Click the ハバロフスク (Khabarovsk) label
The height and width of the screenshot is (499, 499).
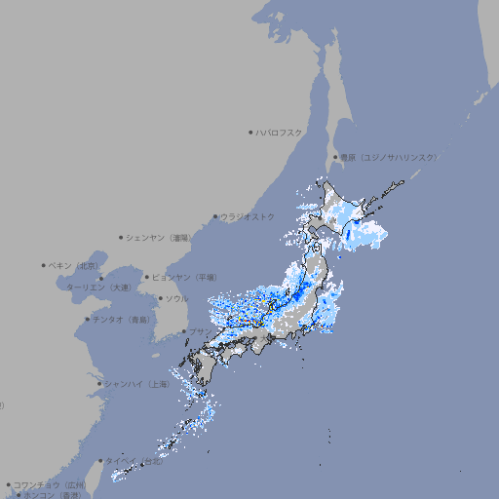click(279, 132)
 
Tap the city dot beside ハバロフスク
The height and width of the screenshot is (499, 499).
click(250, 132)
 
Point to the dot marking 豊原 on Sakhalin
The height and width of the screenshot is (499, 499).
click(335, 157)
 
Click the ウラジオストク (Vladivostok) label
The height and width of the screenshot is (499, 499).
click(248, 216)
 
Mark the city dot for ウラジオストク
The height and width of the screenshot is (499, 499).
click(215, 216)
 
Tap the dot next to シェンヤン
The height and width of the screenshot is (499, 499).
click(122, 237)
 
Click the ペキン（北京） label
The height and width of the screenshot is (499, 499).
click(76, 265)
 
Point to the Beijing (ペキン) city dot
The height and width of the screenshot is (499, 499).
click(44, 265)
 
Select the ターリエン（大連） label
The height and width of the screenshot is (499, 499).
click(97, 288)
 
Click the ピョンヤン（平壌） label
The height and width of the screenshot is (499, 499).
click(184, 277)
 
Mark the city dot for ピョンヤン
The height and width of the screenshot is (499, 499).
click(147, 277)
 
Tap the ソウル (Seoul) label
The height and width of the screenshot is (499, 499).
click(176, 298)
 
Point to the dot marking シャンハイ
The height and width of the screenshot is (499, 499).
click(98, 384)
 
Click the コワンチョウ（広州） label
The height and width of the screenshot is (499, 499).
click(50, 484)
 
